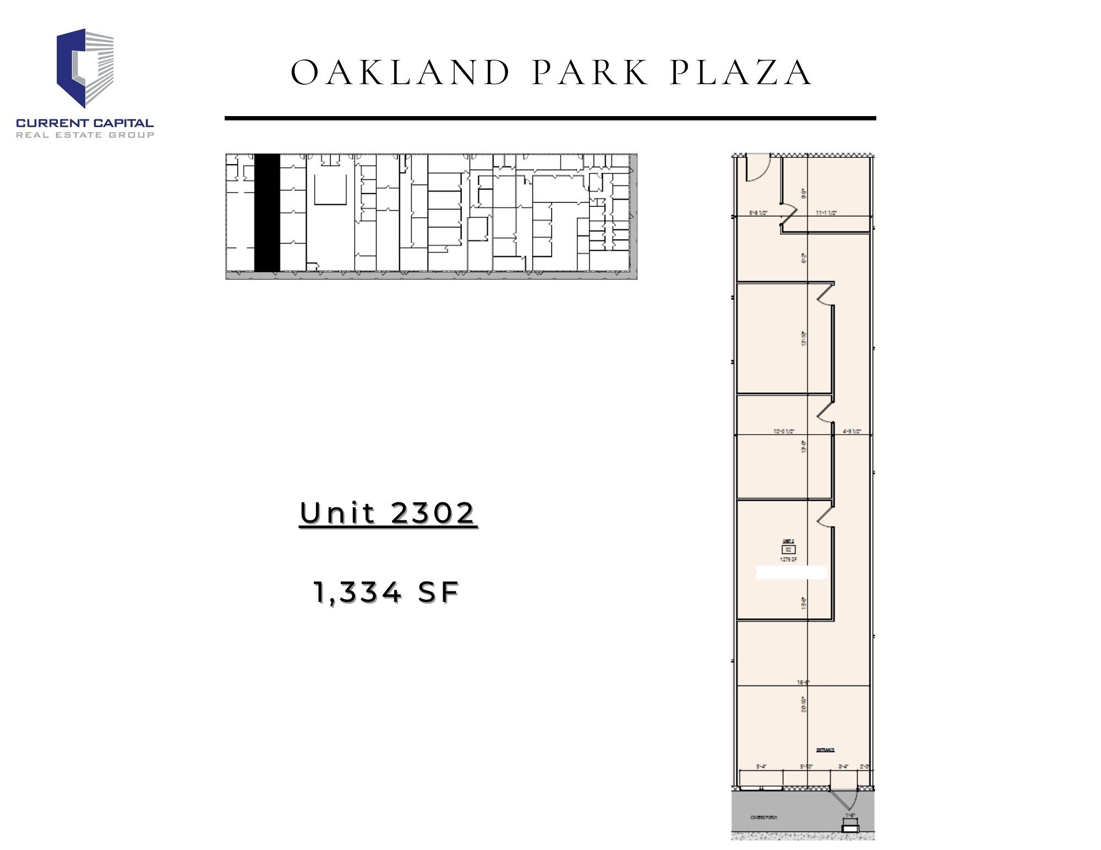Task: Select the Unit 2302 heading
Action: coord(388,513)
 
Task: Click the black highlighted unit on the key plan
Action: coord(267,212)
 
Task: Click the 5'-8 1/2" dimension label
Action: coord(758,212)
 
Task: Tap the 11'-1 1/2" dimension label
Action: coord(826,212)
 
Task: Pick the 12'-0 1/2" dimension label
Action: coord(783,431)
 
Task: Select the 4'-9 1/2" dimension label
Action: coord(852,431)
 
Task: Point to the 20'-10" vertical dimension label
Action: coord(804,705)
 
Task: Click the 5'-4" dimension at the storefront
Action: coord(761,766)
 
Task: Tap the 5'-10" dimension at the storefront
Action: coord(807,766)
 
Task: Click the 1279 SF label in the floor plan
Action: coord(788,559)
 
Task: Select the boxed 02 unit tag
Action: coord(788,549)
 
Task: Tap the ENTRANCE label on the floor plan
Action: coord(825,750)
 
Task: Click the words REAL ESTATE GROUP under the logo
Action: coord(85,135)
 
